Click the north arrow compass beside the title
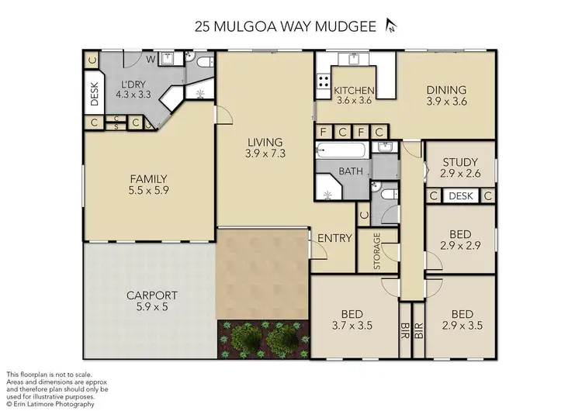click(391, 26)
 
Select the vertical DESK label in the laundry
click(95, 93)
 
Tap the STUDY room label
click(460, 162)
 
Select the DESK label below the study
click(460, 196)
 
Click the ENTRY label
click(335, 238)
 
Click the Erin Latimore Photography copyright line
click(50, 404)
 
